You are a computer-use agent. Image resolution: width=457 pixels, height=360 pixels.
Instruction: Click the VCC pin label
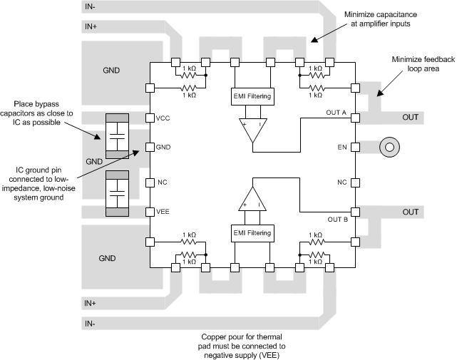164,118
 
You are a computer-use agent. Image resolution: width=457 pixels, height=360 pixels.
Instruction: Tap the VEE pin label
164,212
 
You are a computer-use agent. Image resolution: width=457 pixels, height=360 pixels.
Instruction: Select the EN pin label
342,148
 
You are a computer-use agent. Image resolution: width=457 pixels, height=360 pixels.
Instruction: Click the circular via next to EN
389,148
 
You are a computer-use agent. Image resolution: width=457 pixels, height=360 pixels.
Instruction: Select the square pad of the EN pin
354,148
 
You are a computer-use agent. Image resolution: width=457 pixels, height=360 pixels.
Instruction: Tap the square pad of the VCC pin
150,118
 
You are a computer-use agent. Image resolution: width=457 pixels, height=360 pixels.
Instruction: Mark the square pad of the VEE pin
150,212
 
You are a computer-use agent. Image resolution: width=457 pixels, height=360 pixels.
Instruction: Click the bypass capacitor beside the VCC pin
115,135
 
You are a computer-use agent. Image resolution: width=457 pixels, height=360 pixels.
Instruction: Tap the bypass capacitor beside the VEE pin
115,193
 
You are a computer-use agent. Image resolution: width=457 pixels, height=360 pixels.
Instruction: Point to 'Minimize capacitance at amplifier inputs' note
385,20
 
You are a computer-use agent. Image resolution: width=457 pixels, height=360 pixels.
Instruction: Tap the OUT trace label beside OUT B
411,212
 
